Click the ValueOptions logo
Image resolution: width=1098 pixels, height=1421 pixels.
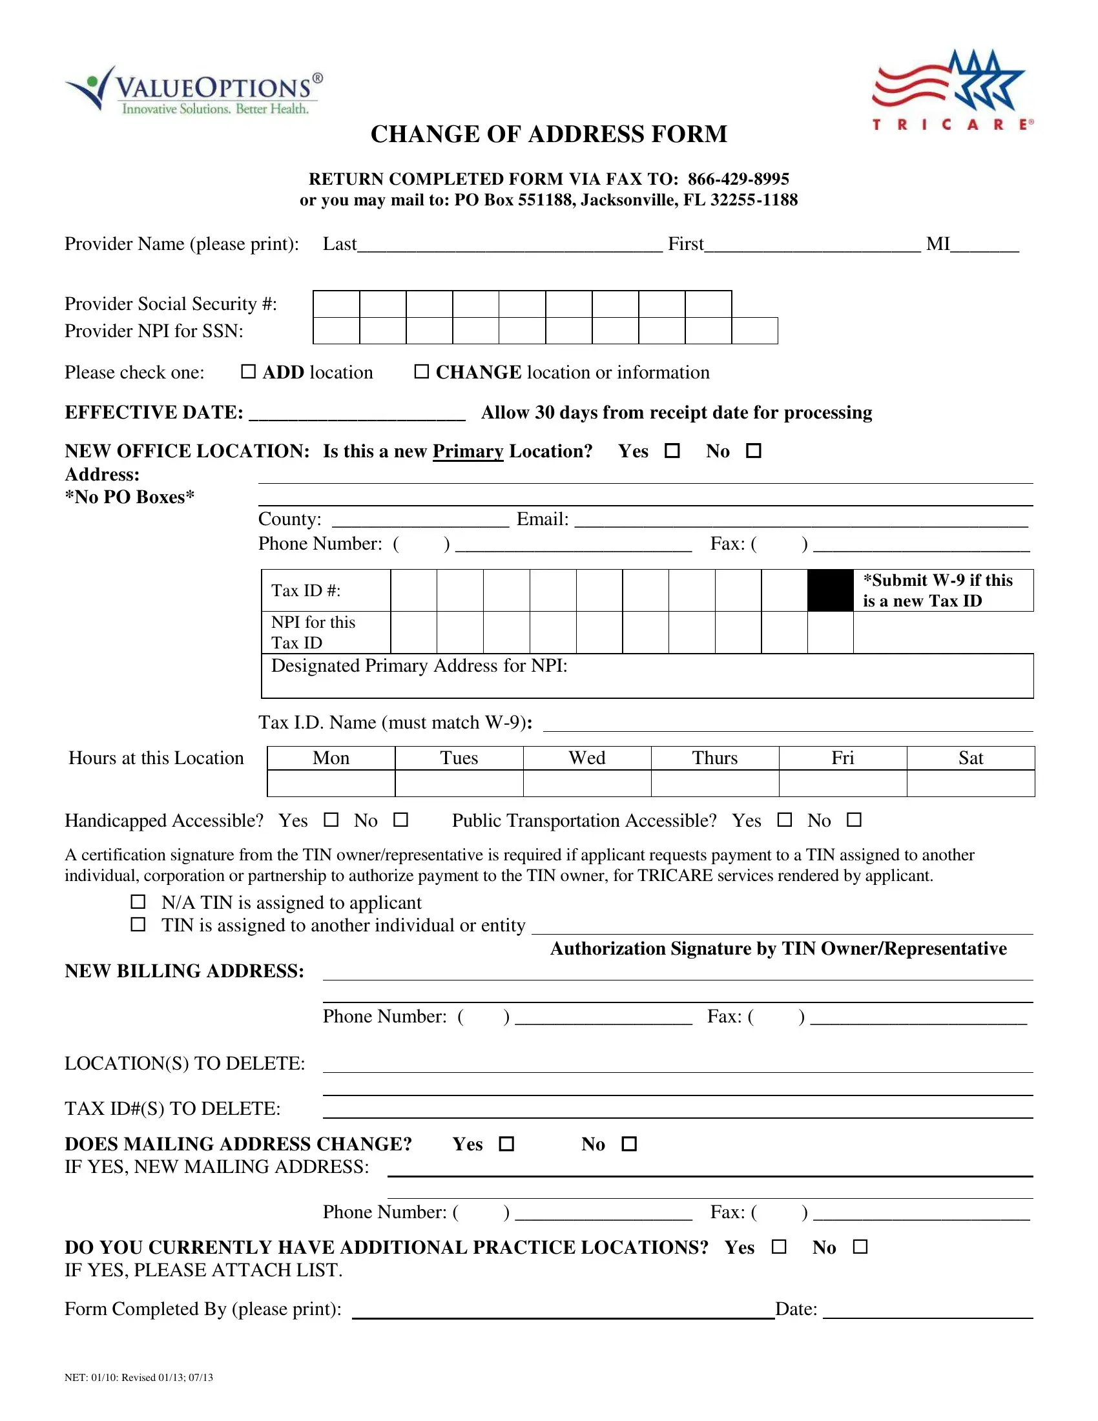(193, 90)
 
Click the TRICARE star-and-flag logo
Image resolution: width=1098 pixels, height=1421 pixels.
(951, 90)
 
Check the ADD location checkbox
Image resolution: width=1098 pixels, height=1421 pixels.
(248, 371)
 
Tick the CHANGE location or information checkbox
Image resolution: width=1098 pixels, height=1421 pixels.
(422, 371)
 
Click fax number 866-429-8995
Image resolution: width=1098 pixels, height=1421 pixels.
(738, 179)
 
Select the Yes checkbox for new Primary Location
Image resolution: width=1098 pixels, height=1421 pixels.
(672, 450)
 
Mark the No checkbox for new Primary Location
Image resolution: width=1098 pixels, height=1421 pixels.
(753, 450)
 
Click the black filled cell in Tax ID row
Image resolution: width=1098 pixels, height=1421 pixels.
(830, 590)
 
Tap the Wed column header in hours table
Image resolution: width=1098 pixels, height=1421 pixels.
(586, 758)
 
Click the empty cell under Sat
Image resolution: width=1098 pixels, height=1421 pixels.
(971, 783)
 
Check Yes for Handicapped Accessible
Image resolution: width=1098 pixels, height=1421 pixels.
(331, 820)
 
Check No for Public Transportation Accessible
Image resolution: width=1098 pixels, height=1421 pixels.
(854, 820)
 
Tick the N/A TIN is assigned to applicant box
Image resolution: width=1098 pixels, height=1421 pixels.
(138, 902)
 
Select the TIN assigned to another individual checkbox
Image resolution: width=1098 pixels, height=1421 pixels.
(138, 924)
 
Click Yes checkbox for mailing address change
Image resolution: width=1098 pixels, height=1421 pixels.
(507, 1144)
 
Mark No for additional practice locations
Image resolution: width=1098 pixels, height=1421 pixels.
(860, 1247)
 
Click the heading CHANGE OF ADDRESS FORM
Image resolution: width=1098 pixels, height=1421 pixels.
(548, 134)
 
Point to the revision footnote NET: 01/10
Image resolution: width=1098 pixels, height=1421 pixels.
(139, 1378)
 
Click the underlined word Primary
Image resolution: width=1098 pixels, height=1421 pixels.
(468, 451)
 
